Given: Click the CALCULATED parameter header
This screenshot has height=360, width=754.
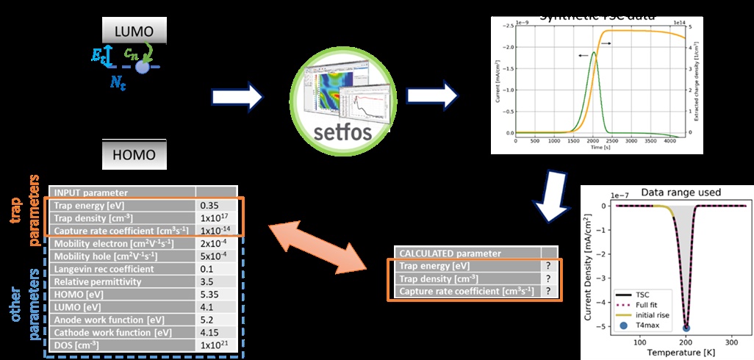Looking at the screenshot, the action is tap(464, 252).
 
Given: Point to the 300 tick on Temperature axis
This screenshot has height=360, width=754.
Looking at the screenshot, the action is tap(731, 342).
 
